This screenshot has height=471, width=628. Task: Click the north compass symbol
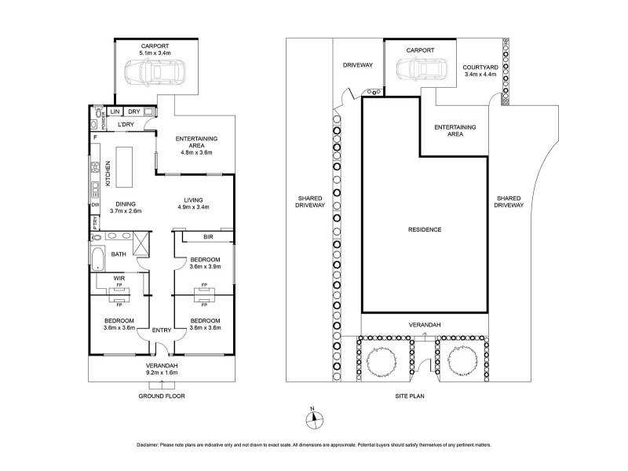coord(315,419)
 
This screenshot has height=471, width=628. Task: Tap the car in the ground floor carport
coord(155,72)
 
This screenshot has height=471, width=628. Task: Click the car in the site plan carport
coord(422,69)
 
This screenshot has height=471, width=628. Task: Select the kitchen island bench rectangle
coord(124,167)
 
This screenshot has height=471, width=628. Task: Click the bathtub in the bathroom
coord(97,259)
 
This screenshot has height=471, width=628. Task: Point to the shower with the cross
coord(141,243)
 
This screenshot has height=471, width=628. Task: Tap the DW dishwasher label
coord(95,205)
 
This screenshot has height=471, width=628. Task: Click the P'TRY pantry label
coord(95,222)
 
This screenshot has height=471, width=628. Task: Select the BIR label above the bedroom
coord(208,237)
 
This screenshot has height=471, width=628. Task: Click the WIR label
coord(119,278)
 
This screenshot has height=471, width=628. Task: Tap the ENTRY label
coord(162,330)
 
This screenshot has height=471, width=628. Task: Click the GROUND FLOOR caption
coord(162,396)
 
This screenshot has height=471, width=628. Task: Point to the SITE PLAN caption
coord(410,396)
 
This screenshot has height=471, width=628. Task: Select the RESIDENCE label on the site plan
coord(425,229)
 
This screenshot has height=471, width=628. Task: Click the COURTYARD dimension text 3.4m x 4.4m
coord(480,74)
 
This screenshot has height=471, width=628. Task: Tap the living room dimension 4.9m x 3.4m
coord(193,207)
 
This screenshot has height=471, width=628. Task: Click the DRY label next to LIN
coord(133,111)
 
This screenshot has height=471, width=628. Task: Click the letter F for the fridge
coord(95,137)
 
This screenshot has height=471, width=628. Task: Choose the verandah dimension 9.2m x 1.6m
coord(162,372)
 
